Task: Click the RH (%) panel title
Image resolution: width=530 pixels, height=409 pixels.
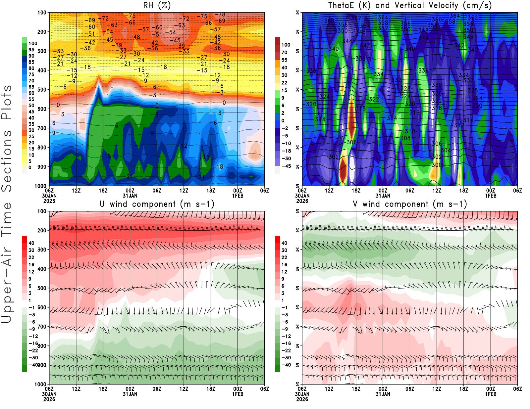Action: tap(157, 5)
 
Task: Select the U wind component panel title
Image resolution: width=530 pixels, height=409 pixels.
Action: tap(157, 204)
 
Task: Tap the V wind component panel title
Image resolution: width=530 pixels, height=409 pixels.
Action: tap(410, 204)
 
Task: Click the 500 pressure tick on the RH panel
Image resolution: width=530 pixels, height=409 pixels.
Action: tap(42, 90)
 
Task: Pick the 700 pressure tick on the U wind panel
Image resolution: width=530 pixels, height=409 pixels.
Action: tap(42, 327)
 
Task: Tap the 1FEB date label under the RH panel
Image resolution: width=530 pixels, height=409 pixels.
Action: tap(238, 196)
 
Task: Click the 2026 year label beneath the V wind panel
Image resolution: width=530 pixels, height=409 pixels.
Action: tap(302, 399)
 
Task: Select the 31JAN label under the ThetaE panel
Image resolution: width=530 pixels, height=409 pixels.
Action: tap(383, 196)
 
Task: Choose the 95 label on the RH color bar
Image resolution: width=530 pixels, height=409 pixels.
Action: tap(31, 50)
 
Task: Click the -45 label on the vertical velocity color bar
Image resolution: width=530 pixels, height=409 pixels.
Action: tap(286, 166)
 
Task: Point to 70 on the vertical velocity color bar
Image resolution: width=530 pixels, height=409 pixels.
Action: tap(284, 52)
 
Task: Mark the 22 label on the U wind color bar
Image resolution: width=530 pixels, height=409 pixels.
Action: tap(31, 257)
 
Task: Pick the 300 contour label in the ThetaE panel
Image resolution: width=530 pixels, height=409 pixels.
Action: tap(437, 165)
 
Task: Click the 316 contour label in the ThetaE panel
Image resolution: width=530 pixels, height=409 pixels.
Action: tap(414, 113)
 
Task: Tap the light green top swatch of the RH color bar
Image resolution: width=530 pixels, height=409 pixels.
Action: tap(24, 40)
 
